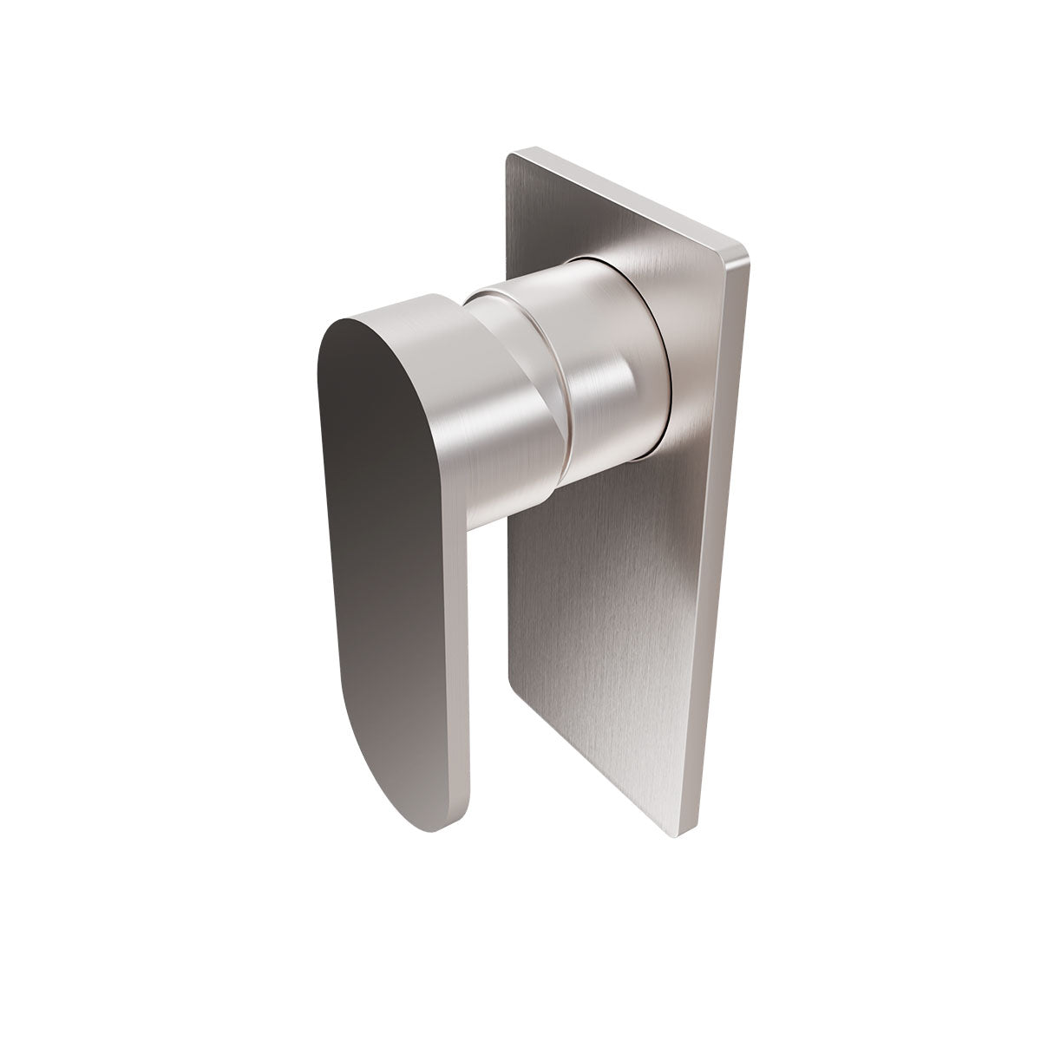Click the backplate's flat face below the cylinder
pyautogui.click(x=607, y=607)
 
